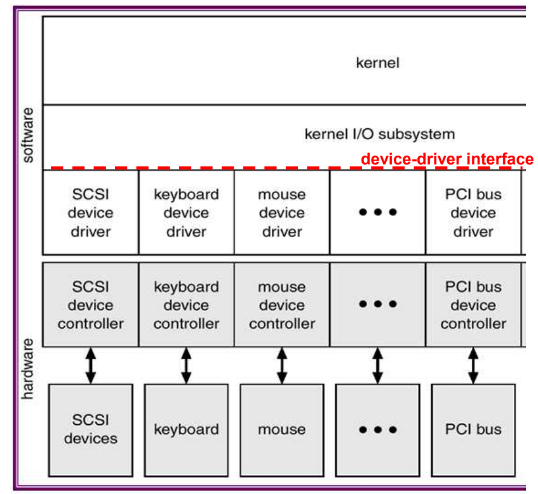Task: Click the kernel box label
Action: coord(377,62)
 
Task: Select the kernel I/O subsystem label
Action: coord(380,134)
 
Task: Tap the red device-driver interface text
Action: coord(447,159)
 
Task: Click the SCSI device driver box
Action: coord(91,213)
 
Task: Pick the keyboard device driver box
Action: coord(186,213)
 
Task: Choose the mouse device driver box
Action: coord(282,213)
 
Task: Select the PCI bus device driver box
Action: coord(473,213)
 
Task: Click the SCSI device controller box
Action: coord(91,305)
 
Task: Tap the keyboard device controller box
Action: coord(186,305)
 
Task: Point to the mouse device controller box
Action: coord(282,305)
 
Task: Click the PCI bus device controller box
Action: coord(473,305)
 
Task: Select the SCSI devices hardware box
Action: coord(91,429)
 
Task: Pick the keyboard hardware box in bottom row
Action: coord(186,429)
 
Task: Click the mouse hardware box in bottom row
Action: coord(282,429)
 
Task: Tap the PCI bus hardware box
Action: coord(473,429)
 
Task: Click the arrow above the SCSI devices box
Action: coord(91,365)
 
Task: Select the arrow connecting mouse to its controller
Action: coord(282,365)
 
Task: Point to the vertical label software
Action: coord(27,135)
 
